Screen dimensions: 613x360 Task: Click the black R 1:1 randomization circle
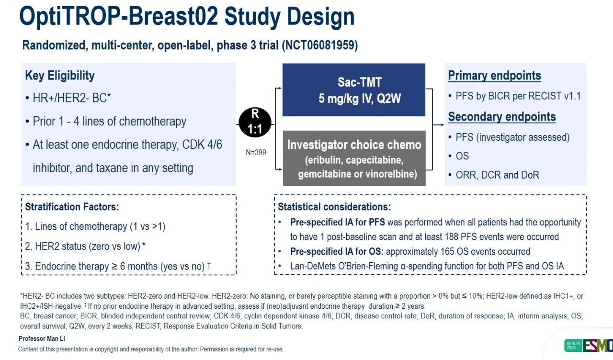pos(255,122)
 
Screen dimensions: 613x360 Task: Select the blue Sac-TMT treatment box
pos(354,90)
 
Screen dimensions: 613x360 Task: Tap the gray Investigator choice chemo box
pos(354,158)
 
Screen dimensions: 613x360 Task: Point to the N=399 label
pos(256,152)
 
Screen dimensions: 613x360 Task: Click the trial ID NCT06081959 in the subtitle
pos(319,45)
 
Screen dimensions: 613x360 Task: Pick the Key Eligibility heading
pos(60,75)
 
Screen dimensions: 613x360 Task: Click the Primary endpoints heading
pos(495,76)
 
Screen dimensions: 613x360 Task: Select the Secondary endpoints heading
pos(502,117)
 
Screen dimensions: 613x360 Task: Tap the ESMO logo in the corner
pos(589,345)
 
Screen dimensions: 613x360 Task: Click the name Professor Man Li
pos(42,338)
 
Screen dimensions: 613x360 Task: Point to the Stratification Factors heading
pos(72,207)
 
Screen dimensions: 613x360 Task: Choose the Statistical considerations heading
pos(334,207)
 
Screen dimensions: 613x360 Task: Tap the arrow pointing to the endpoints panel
pos(438,125)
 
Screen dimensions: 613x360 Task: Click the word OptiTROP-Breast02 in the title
pos(118,17)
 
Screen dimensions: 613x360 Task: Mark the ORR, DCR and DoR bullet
pos(497,175)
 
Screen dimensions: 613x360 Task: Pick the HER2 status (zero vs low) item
pos(85,246)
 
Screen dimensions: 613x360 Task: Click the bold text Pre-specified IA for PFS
pos(338,222)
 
